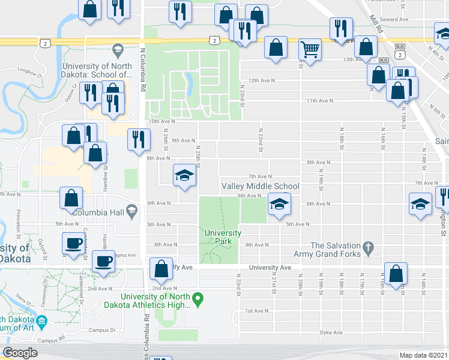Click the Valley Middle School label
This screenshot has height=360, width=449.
261,186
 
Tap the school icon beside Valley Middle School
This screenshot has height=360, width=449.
279,205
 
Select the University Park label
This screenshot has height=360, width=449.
223,237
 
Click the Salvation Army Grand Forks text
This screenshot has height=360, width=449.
336,250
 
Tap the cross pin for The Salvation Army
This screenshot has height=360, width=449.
369,246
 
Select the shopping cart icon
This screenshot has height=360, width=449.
310,50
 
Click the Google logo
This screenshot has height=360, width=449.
20,353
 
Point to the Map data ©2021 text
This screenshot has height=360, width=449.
423,355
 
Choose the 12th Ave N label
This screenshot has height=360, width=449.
262,80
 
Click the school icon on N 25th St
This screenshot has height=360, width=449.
185,175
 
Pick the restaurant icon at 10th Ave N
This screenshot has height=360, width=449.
139,139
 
